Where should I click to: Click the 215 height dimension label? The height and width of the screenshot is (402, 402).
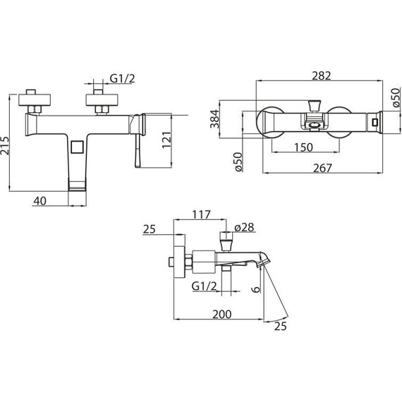(4, 145)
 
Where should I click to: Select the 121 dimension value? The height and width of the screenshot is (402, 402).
(166, 140)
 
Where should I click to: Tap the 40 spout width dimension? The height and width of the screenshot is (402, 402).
(40, 201)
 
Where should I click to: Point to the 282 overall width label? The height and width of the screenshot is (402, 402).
(321, 75)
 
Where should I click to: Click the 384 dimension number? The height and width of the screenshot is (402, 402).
(215, 118)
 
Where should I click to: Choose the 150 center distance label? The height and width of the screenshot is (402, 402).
(303, 147)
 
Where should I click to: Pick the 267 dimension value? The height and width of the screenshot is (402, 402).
(322, 168)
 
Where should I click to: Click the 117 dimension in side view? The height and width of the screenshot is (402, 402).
(202, 214)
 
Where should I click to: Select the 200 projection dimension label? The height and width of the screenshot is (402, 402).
(221, 314)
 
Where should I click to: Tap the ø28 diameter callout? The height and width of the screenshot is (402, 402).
(244, 227)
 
